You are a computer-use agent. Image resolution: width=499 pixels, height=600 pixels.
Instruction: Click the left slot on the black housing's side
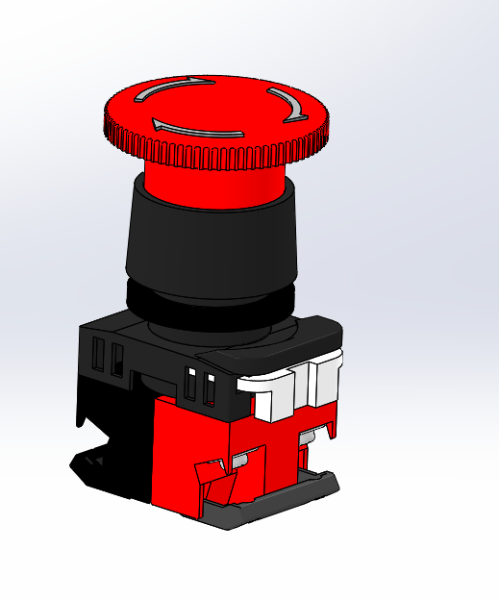pos(99,356)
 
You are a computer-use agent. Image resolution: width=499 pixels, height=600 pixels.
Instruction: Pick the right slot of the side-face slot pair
pos(117,358)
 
